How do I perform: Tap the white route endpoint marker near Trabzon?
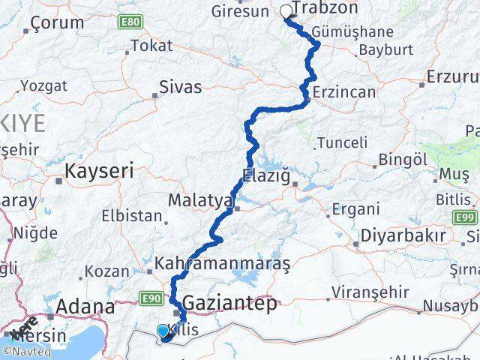tap(285, 11)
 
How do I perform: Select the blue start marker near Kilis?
tap(163, 331)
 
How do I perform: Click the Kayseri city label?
tap(100, 171)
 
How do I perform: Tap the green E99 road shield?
tap(465, 217)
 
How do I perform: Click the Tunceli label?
tap(343, 142)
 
